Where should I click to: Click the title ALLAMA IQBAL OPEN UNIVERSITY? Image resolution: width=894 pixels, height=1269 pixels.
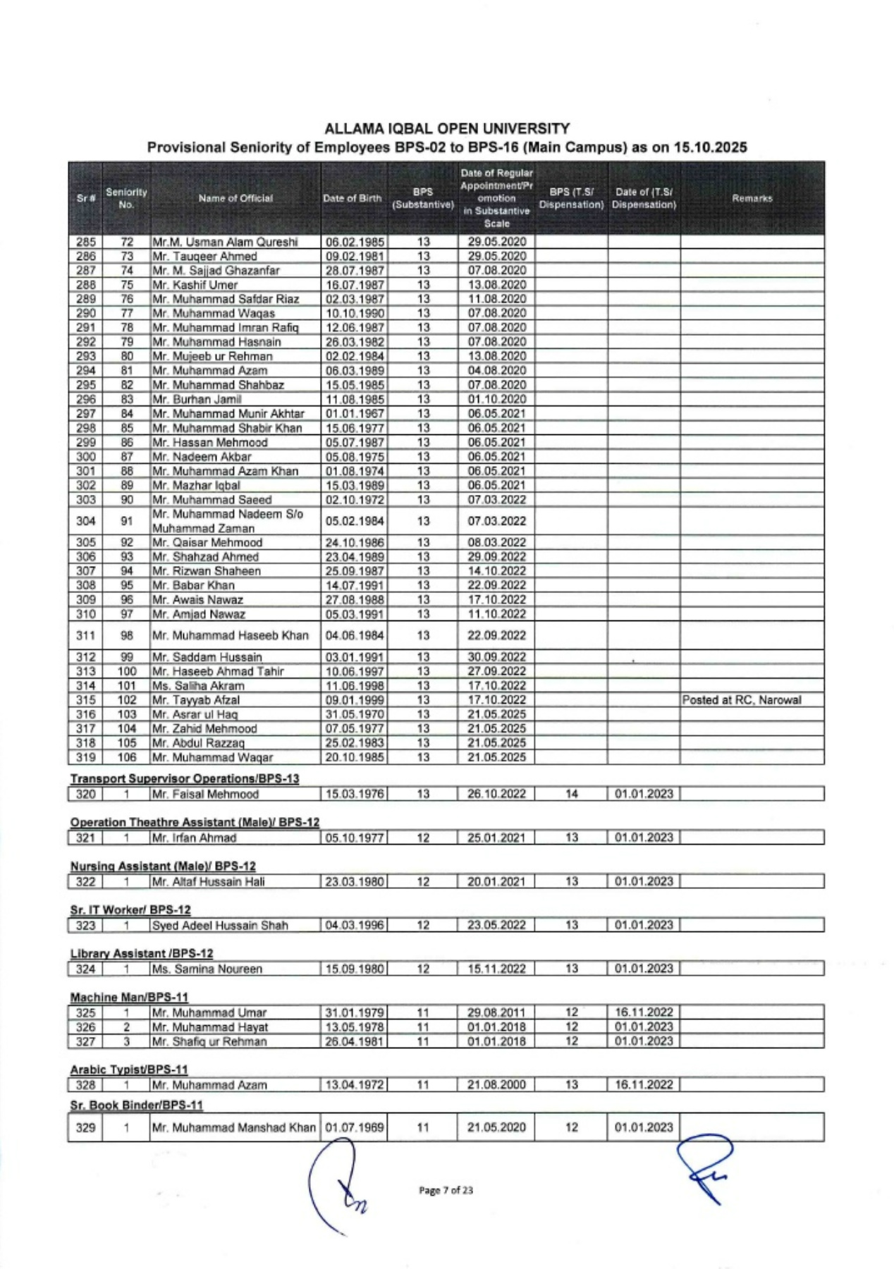[x=447, y=129]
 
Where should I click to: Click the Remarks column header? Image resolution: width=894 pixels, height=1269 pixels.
[x=752, y=199]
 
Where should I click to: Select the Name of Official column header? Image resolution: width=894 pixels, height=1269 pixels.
[x=235, y=199]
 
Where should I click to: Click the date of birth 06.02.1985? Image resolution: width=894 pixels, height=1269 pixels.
[x=355, y=242]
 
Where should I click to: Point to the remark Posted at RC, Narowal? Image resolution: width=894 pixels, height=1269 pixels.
[x=742, y=700]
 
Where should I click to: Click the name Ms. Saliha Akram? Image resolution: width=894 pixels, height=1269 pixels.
[x=198, y=686]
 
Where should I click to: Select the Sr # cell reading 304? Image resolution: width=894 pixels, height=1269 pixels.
[x=85, y=521]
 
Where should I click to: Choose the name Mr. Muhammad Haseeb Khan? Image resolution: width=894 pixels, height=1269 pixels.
[x=231, y=635]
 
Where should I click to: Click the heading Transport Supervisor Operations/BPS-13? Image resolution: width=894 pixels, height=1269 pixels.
[x=185, y=778]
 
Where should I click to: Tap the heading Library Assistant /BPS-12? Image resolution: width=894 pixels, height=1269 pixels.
[x=141, y=953]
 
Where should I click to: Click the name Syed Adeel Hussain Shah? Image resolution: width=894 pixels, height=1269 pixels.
[x=220, y=926]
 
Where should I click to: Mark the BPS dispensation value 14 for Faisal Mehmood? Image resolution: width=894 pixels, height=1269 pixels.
[x=571, y=794]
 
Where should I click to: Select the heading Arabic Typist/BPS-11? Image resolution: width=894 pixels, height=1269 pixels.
[x=129, y=1069]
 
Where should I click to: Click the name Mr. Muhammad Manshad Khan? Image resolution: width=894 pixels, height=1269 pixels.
[x=233, y=1127]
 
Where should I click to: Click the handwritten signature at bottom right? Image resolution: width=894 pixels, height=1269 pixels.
[x=705, y=1167]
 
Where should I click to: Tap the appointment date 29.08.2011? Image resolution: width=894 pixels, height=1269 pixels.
[x=496, y=1013]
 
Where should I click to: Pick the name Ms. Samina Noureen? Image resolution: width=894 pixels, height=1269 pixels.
[x=207, y=969]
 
